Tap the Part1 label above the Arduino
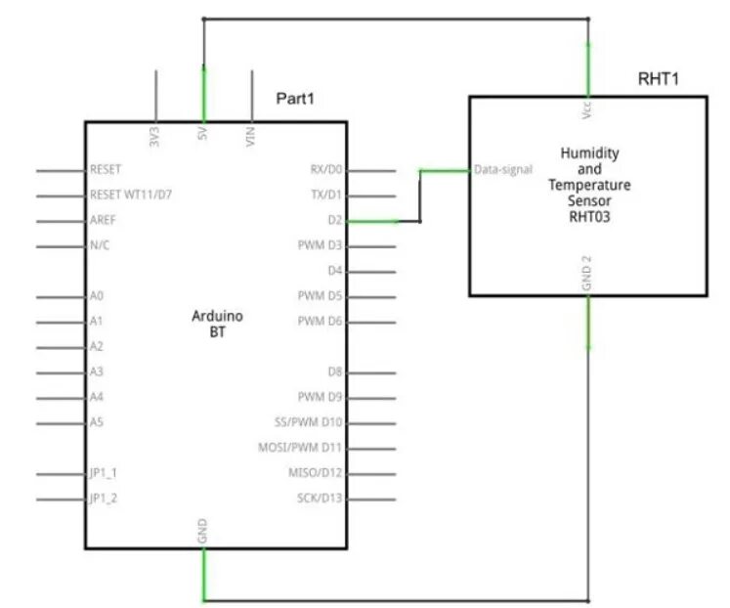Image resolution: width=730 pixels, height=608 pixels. [x=295, y=99]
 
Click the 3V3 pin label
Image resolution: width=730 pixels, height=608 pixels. [x=154, y=137]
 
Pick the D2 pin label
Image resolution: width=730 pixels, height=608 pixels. [x=334, y=220]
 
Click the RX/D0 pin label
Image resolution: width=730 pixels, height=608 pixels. [x=325, y=169]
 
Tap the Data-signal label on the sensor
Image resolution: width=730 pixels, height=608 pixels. [x=503, y=169]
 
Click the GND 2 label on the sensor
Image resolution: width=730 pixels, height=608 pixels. [x=587, y=273]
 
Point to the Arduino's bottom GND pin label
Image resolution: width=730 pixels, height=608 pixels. [x=203, y=533]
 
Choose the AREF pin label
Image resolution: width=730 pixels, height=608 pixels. [x=103, y=220]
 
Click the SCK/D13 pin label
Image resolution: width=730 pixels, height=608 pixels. [x=320, y=499]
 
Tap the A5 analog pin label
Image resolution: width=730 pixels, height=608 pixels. [x=96, y=422]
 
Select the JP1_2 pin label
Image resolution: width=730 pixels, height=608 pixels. [x=103, y=499]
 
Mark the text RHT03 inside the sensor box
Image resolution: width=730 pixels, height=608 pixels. [x=588, y=217]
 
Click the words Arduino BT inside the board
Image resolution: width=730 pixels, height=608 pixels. [x=217, y=325]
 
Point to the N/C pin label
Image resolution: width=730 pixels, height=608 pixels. [x=99, y=245]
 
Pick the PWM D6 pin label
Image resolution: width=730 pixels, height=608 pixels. [x=321, y=321]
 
